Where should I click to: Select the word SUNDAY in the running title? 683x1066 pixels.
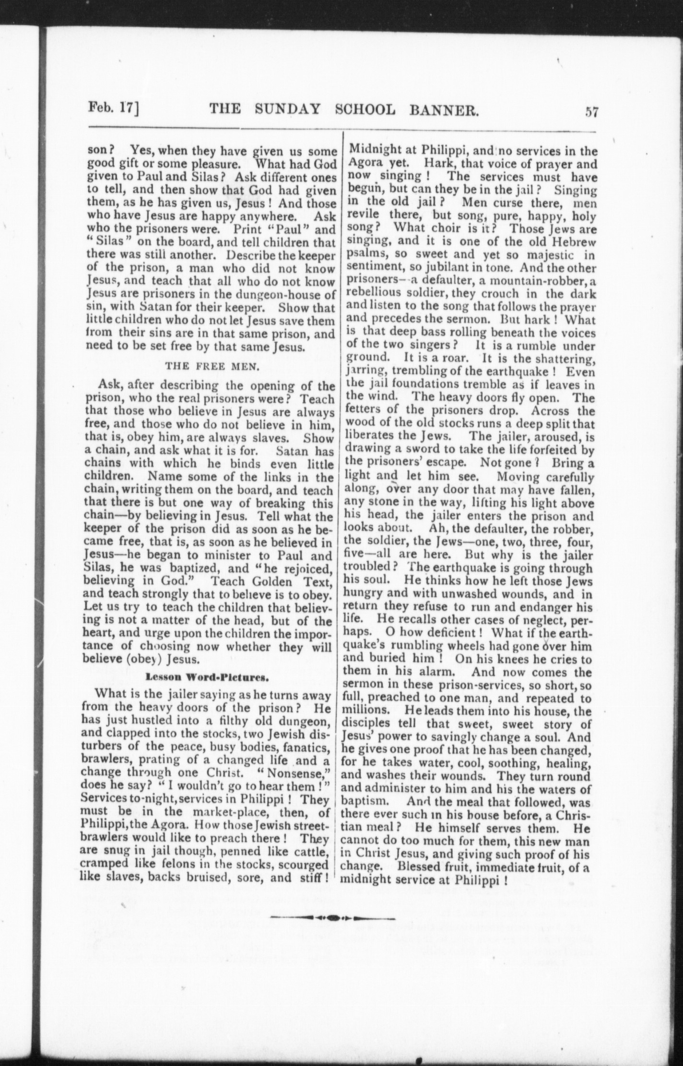point(287,109)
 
